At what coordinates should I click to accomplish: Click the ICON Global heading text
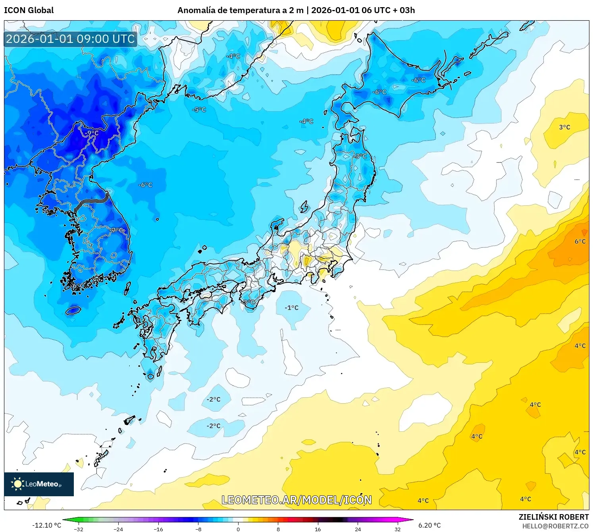point(29,10)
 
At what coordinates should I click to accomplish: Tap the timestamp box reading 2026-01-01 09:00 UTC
point(70,39)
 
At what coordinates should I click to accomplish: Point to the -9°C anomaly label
point(92,133)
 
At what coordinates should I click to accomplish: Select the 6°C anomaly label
point(580,242)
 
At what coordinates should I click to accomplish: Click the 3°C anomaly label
point(564,127)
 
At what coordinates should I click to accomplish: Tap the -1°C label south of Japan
point(291,308)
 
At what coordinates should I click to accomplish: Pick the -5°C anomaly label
point(199,110)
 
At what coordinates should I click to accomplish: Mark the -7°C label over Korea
point(117,230)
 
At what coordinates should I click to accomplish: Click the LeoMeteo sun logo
point(17,484)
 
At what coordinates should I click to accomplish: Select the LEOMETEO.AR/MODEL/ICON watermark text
point(296,500)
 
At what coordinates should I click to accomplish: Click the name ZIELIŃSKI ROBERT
point(554,517)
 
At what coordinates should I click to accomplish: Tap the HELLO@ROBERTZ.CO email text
point(555,526)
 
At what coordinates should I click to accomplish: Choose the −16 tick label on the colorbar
point(158,529)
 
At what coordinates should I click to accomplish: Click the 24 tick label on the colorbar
point(358,529)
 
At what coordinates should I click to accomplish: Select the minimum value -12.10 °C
point(46,525)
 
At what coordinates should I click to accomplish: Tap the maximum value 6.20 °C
point(429,525)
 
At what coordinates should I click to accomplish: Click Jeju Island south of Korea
point(73,310)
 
